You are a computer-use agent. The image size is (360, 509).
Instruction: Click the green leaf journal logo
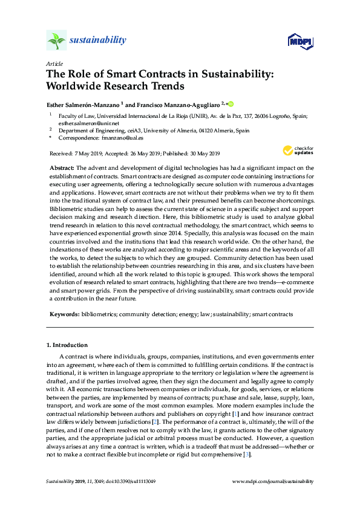pyautogui.click(x=56, y=41)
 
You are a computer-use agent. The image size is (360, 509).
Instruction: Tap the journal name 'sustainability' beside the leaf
pyautogui.click(x=97, y=41)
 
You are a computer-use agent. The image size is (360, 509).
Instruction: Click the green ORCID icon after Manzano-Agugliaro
pyautogui.click(x=231, y=104)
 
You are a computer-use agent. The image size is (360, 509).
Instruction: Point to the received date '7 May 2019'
pyautogui.click(x=85, y=154)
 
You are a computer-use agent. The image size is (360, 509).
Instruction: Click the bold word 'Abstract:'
pyautogui.click(x=61, y=167)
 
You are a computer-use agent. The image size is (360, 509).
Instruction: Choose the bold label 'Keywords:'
pyautogui.click(x=64, y=314)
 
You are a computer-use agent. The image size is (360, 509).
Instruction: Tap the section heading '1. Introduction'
pyautogui.click(x=67, y=345)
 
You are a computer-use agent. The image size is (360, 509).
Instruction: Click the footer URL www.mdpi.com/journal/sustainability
pyautogui.click(x=273, y=482)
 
